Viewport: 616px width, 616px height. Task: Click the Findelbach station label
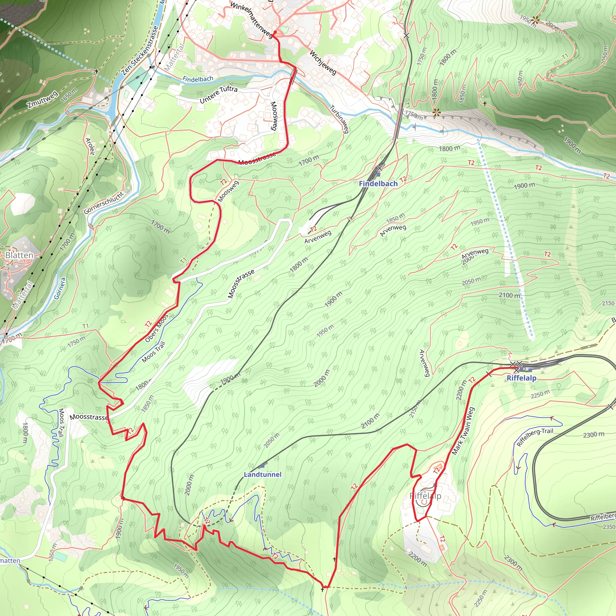tap(378, 184)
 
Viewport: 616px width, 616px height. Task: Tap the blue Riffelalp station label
tap(521, 378)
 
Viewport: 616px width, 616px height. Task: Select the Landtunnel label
tap(262, 474)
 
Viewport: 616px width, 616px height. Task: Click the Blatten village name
tap(19, 255)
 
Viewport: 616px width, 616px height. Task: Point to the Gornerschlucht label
tap(104, 203)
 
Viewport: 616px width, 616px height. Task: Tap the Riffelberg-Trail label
tap(535, 437)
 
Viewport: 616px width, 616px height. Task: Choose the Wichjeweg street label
tap(323, 63)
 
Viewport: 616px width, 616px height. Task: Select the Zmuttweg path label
tap(42, 99)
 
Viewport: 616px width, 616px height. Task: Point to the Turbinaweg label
tap(340, 119)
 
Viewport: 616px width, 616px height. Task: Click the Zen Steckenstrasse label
tap(140, 50)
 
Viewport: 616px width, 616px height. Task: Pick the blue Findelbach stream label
tap(198, 79)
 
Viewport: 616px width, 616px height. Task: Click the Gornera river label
tap(60, 288)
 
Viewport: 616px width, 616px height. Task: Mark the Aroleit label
tap(91, 146)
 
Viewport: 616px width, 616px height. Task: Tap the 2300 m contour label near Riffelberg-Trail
tap(593, 435)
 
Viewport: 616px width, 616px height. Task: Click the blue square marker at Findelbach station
tap(378, 175)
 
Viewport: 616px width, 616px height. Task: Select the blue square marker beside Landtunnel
tap(262, 466)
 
